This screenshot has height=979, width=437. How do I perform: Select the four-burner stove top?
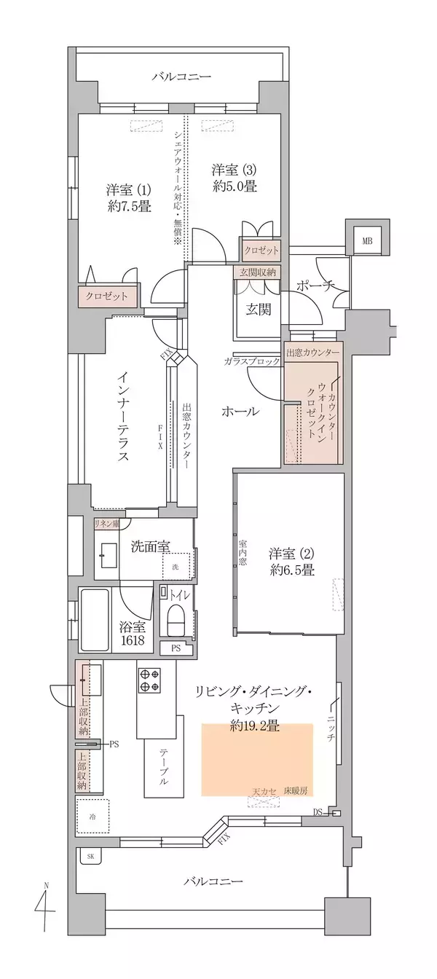pos(149,680)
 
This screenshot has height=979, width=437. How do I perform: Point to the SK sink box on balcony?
pos(90,857)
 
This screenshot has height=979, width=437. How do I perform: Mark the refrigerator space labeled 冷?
pos(92,815)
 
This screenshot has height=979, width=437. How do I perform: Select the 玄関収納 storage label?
pos(255,272)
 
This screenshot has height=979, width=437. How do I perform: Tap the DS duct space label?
pos(318,811)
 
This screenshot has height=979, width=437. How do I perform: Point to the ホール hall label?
pos(240,412)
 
